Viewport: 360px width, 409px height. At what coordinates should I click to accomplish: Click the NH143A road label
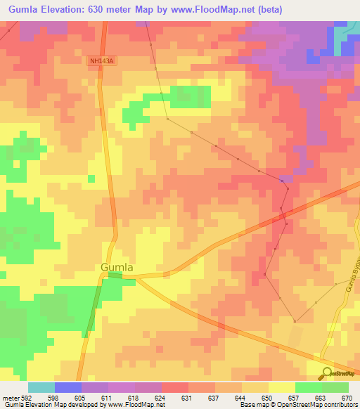click(101, 61)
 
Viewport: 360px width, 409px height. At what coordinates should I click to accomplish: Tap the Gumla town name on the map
click(117, 267)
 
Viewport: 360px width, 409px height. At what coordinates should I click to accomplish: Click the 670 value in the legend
click(347, 398)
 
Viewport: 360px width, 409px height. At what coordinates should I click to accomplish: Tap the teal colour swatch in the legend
click(41, 387)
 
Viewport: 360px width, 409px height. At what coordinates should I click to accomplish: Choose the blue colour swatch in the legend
click(68, 387)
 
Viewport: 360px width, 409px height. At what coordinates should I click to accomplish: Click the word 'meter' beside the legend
click(11, 398)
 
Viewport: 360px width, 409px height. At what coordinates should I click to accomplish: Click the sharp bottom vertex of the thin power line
click(294, 322)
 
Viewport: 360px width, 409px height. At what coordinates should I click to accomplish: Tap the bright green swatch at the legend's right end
click(335, 387)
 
